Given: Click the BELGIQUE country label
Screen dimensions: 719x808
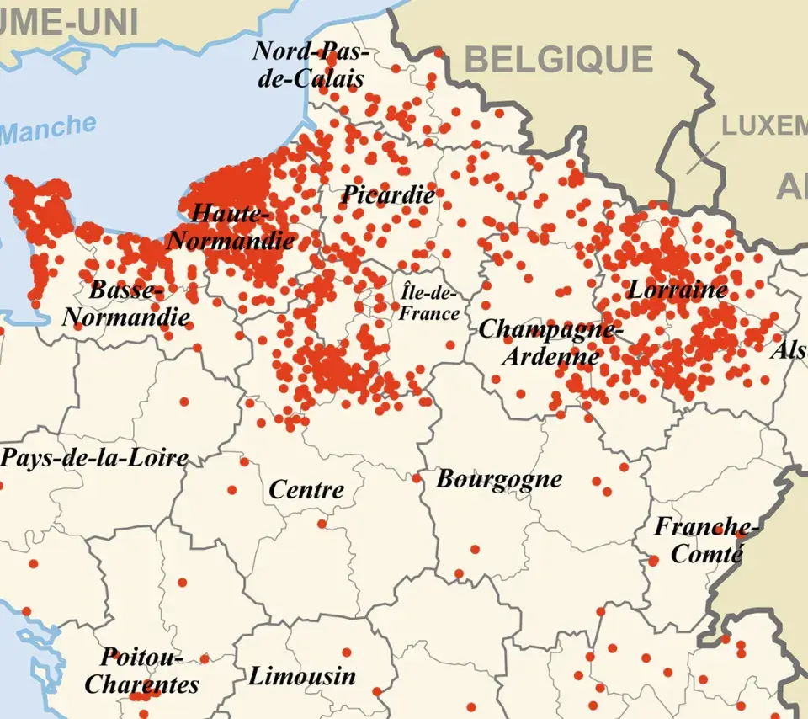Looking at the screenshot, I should pyautogui.click(x=558, y=60).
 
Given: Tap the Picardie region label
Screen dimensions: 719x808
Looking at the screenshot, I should pyautogui.click(x=388, y=195).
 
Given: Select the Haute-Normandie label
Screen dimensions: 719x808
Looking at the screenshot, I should pyautogui.click(x=231, y=227).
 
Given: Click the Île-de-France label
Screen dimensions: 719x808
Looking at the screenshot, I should pyautogui.click(x=429, y=303).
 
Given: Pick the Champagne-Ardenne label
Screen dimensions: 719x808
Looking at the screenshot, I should pyautogui.click(x=550, y=342).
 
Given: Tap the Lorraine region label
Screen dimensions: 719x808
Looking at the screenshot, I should pyautogui.click(x=677, y=290).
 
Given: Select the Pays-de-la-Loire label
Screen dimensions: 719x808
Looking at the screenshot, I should pyautogui.click(x=94, y=458).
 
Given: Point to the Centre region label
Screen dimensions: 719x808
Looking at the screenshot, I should pyautogui.click(x=306, y=489).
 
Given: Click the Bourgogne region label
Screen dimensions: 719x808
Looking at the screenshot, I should pyautogui.click(x=498, y=479).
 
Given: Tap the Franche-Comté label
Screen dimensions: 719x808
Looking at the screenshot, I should pyautogui.click(x=705, y=540).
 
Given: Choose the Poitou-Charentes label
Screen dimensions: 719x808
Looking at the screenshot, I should pyautogui.click(x=141, y=670).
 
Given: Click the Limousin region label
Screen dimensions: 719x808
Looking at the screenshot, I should pyautogui.click(x=302, y=676).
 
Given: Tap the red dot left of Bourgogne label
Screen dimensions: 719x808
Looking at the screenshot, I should pyautogui.click(x=416, y=478).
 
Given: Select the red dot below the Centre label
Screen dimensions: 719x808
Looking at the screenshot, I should pyautogui.click(x=322, y=524).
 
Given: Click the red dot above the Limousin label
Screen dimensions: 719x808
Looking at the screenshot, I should pyautogui.click(x=346, y=652).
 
